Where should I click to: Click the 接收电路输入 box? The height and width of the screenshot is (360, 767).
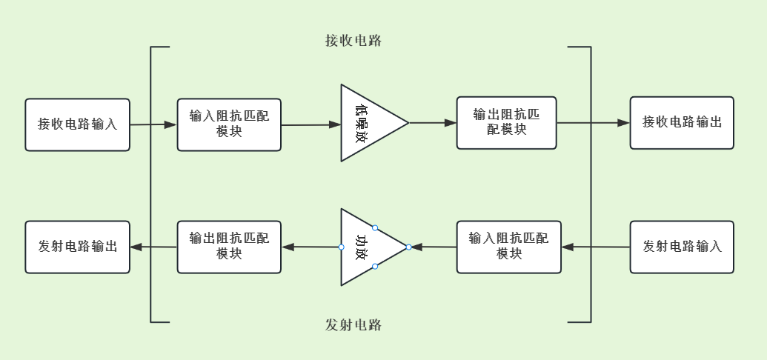(78, 124)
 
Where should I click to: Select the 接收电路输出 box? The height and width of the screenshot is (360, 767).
(682, 123)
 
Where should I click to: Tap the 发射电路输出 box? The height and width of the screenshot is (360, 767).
(78, 247)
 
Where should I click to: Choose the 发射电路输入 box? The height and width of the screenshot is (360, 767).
(682, 247)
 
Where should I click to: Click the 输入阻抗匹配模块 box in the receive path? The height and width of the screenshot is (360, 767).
(229, 124)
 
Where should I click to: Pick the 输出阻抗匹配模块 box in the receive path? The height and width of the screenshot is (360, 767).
(506, 123)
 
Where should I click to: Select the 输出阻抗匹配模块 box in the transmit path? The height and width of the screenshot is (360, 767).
(229, 247)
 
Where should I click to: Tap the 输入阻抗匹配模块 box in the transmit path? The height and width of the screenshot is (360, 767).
(508, 247)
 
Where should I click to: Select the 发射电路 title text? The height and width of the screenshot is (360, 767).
(353, 324)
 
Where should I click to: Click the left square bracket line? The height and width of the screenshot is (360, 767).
(151, 185)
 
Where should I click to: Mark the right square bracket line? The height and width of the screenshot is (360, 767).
(591, 185)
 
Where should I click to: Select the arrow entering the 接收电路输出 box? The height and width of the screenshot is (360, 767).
(593, 123)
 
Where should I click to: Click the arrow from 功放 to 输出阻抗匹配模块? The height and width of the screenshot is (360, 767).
(311, 247)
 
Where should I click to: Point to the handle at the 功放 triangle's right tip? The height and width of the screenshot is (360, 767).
(408, 247)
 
